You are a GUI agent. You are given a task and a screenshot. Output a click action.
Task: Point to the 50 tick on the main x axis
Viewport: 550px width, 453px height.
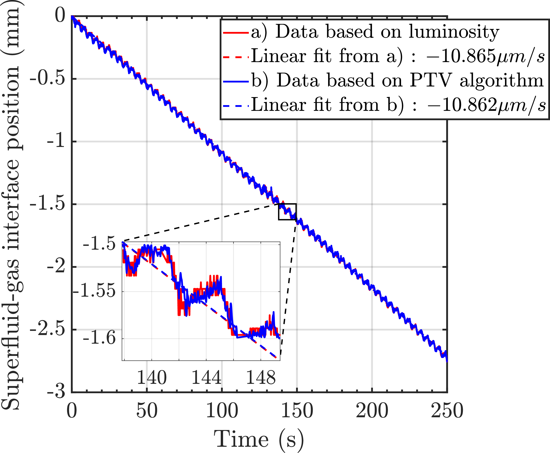pyautogui.click(x=147, y=411)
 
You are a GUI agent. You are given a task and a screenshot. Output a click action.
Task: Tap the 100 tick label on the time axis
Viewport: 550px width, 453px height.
pyautogui.click(x=222, y=411)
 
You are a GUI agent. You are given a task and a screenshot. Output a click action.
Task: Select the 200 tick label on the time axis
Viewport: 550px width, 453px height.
pyautogui.click(x=372, y=411)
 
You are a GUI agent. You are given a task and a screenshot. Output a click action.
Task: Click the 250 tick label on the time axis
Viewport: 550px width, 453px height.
pyautogui.click(x=447, y=411)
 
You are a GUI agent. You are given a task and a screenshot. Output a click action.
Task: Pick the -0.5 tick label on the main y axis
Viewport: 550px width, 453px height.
pyautogui.click(x=47, y=78)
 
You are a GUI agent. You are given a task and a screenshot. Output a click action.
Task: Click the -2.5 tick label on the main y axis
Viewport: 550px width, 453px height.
pyautogui.click(x=47, y=329)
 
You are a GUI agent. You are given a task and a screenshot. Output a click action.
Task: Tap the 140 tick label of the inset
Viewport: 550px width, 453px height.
pyautogui.click(x=152, y=377)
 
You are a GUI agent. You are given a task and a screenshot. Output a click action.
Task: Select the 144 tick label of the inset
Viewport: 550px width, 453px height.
pyautogui.click(x=206, y=377)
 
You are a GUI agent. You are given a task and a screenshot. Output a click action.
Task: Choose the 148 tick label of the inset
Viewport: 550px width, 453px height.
pyautogui.click(x=261, y=377)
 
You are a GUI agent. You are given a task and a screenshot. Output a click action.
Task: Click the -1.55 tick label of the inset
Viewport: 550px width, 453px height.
pyautogui.click(x=94, y=291)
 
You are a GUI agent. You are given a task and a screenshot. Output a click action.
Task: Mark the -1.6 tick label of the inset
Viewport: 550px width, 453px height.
pyautogui.click(x=99, y=338)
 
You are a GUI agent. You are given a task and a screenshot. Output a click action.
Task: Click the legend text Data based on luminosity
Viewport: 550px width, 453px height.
pyautogui.click(x=387, y=32)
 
